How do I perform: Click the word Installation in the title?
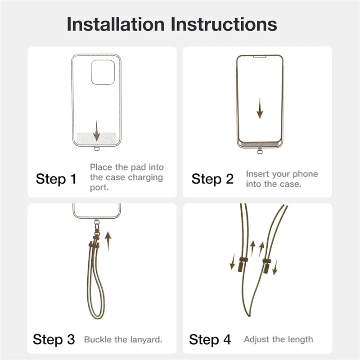[116, 24]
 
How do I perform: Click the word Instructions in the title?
[224, 24]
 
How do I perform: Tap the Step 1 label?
[56, 179]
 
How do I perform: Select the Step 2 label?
[212, 179]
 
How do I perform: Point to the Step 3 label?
[54, 339]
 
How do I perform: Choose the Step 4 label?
[210, 339]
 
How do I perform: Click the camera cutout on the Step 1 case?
[103, 72]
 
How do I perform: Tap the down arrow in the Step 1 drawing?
[97, 130]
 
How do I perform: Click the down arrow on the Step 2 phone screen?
[260, 108]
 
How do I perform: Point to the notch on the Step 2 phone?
[260, 57]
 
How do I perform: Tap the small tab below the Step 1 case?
[97, 149]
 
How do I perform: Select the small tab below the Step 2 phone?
[260, 152]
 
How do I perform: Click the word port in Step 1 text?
[99, 188]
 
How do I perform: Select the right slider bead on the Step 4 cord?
[267, 265]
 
